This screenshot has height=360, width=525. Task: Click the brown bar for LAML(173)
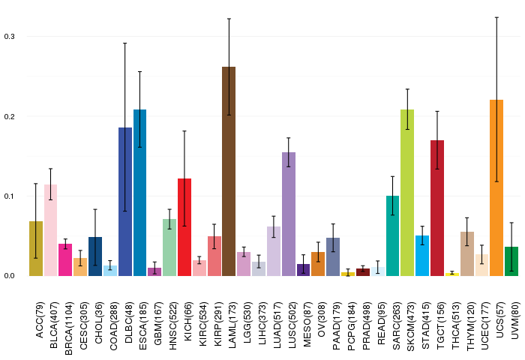tap(229, 171)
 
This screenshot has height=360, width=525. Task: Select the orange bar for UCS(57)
tap(496, 187)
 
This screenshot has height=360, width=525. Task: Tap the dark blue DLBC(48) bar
tap(125, 202)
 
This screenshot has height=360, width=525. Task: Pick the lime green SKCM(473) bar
tap(407, 193)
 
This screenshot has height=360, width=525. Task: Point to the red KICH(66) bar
tap(184, 227)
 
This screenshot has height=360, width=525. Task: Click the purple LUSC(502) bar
tap(289, 214)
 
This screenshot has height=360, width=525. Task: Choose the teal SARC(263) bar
tap(392, 235)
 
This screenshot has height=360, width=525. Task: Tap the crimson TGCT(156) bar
tap(437, 208)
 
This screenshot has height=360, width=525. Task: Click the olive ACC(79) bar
tap(36, 248)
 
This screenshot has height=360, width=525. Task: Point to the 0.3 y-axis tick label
tap(9, 36)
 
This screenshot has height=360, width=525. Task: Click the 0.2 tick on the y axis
tap(9, 116)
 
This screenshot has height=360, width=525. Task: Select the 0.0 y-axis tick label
tap(9, 275)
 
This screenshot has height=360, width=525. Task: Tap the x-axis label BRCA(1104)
tap(69, 328)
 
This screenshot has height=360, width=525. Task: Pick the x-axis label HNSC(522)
tap(172, 325)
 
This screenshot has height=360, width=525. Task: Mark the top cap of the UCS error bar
tap(496, 17)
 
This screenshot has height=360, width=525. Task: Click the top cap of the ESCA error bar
tap(139, 72)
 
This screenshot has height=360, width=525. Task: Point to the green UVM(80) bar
tap(511, 261)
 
